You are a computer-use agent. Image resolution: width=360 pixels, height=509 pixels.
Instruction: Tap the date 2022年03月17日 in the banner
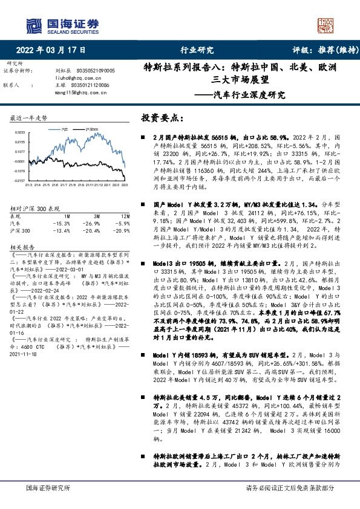coord(51,51)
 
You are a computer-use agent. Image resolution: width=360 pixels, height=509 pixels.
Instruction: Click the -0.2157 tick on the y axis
coord(20,180)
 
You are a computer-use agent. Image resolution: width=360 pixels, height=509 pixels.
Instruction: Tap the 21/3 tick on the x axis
coord(29,185)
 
